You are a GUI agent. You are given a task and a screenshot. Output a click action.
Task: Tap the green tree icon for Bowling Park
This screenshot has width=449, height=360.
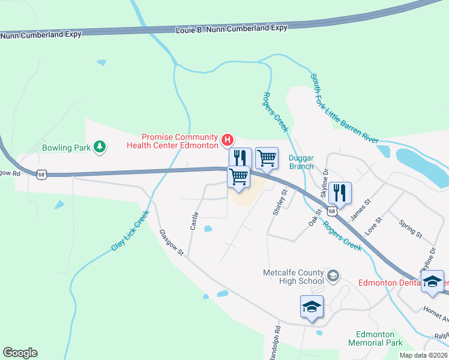click(100, 146)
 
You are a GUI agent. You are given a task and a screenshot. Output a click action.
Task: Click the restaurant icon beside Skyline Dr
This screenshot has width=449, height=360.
click(340, 192)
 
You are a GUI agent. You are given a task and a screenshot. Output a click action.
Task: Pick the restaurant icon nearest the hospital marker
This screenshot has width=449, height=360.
click(240, 158)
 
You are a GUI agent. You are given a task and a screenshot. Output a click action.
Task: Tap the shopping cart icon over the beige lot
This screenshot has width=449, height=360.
click(239, 177)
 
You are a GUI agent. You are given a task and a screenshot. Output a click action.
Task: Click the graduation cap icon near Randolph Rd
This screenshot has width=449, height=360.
click(312, 307)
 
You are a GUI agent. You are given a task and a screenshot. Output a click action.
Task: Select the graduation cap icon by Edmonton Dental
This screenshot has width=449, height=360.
click(432, 281)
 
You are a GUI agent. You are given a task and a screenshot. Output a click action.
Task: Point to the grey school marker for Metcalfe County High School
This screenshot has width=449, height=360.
click(333, 277)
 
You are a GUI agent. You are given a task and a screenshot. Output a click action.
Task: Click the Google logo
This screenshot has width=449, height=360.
click(20, 353)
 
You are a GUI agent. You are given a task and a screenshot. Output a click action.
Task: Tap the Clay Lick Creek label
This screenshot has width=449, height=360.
click(130, 230)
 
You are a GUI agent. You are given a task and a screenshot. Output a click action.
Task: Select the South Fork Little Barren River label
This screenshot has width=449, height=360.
click(345, 109)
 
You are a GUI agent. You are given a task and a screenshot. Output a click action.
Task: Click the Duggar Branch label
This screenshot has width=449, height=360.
click(301, 163)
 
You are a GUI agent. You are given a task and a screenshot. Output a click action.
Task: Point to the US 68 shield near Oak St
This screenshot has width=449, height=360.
click(332, 211)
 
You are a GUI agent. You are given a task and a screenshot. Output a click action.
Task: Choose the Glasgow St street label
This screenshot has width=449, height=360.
click(171, 243)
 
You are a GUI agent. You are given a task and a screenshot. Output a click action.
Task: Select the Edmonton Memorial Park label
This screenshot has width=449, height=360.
click(375, 338)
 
